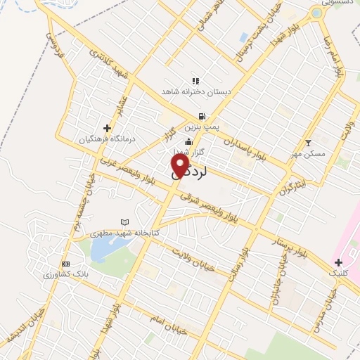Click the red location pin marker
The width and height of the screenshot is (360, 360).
point(180,166)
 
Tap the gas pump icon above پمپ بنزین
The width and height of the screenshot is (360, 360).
point(202,117)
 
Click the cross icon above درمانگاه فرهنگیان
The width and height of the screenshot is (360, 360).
point(107,128)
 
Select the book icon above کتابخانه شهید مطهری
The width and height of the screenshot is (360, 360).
point(125,222)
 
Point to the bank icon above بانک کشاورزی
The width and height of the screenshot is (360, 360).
point(66,264)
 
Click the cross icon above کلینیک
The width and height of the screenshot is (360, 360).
point(338,262)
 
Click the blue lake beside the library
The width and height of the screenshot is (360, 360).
point(102,247)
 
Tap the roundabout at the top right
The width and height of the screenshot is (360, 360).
point(316,13)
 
